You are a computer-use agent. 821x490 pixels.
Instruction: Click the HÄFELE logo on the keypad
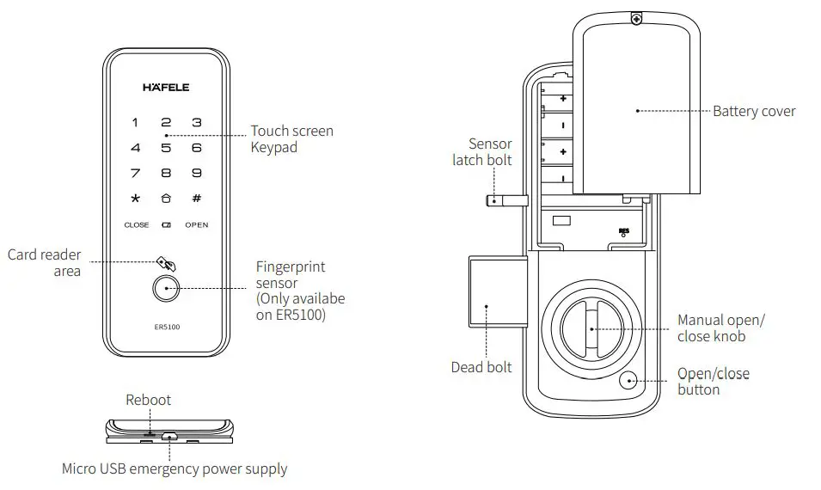coord(166,87)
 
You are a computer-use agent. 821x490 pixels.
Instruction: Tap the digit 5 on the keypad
coord(166,148)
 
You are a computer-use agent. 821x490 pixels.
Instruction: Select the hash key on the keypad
coord(197,199)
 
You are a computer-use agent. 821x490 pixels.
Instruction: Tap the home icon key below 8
coord(166,199)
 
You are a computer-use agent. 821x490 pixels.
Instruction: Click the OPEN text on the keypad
coord(197,225)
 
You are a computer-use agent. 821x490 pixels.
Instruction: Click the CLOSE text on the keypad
coord(136,225)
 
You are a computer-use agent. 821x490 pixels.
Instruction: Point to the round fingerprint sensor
coord(166,289)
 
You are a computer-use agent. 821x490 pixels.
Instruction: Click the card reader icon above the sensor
coord(165,262)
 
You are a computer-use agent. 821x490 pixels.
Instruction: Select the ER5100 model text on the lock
coord(167,327)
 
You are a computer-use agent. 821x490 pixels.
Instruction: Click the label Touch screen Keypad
coord(291,138)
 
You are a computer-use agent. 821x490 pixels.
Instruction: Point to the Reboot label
coord(149,400)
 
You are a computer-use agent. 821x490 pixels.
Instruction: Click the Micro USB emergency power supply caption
coord(175,469)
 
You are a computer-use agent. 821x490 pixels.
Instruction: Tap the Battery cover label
coord(754,111)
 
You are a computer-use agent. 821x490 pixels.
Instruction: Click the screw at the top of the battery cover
coord(635,17)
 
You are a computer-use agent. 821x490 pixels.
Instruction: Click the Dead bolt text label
coord(481,367)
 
